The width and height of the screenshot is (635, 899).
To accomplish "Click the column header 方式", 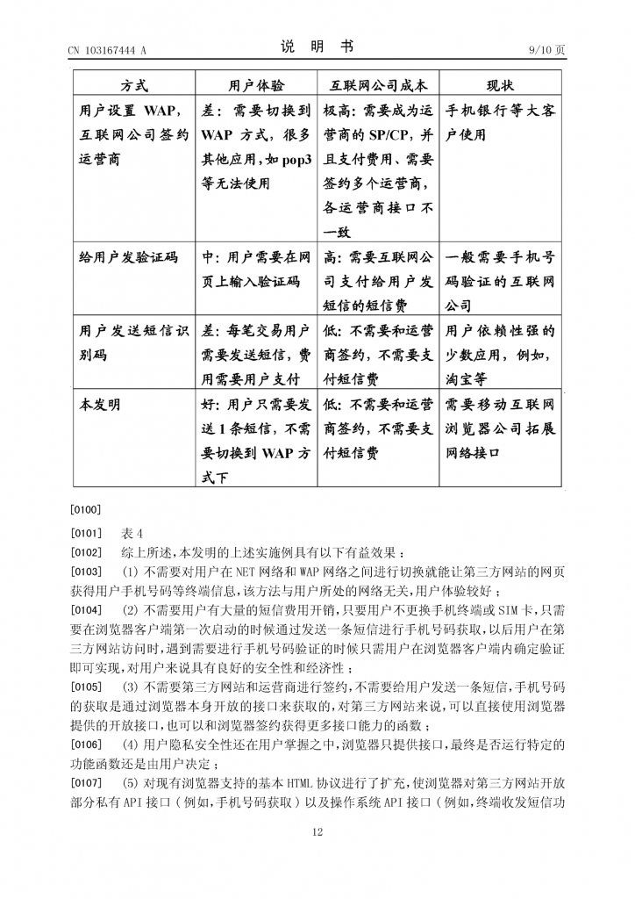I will (x=134, y=85).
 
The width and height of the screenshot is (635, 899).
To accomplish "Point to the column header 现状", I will (x=500, y=85).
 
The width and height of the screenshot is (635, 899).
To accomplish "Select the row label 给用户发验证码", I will (x=128, y=258).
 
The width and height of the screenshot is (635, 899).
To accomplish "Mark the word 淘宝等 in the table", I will (x=467, y=379).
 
